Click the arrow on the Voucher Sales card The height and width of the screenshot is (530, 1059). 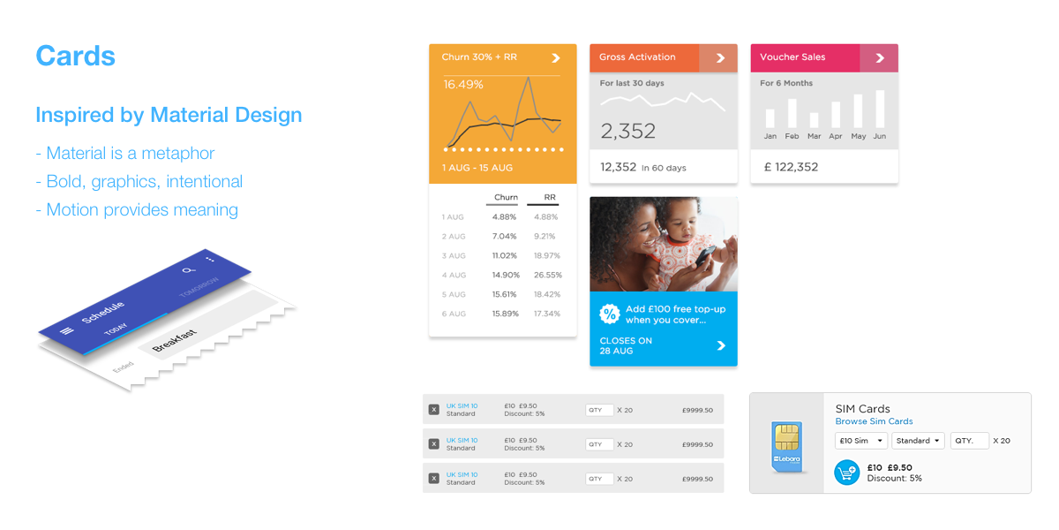879,58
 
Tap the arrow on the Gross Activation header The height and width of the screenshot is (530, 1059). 720,58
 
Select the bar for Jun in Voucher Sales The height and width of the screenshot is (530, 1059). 879,110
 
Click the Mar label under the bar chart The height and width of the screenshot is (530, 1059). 814,137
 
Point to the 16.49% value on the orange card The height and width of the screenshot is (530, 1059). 463,85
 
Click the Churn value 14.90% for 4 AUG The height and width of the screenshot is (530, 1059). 504,275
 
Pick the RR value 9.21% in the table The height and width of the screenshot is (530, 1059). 545,236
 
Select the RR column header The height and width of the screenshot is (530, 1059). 549,198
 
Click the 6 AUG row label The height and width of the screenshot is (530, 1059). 454,314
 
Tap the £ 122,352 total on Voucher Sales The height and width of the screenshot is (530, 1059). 791,167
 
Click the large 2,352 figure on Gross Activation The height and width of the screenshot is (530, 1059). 627,132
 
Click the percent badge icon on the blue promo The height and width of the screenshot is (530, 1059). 610,314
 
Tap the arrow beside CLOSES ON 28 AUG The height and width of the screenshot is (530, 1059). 721,345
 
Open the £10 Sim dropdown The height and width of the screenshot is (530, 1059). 861,441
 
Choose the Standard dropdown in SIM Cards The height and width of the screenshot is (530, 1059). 918,441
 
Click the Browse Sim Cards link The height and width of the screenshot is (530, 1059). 874,421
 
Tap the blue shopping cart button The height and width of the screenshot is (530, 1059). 847,473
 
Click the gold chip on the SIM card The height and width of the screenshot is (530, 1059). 786,436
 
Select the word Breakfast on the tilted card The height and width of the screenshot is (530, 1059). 174,341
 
